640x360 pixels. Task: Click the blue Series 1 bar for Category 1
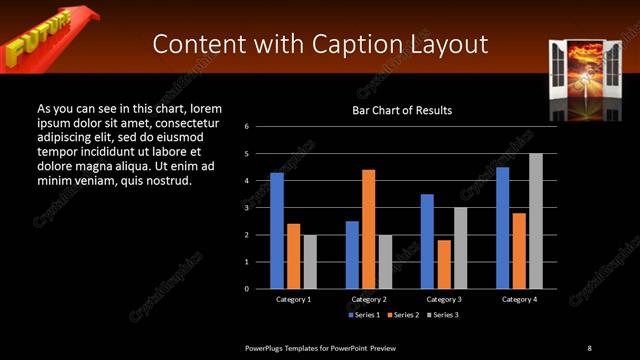(277, 230)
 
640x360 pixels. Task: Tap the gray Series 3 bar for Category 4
(535, 221)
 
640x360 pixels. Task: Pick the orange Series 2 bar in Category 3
(444, 264)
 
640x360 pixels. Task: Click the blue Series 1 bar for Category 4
(502, 227)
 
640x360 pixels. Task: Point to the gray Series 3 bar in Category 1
(310, 261)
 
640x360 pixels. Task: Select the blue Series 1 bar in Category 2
(352, 254)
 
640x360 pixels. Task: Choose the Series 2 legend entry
(402, 315)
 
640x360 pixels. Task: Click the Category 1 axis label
(293, 299)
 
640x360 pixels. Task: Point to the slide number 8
(589, 347)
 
